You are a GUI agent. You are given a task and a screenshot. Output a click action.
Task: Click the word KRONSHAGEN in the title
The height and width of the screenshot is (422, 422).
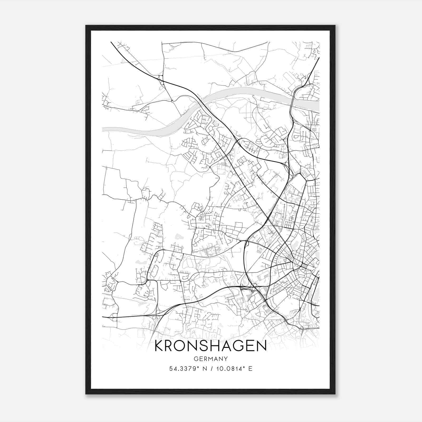pos(210,346)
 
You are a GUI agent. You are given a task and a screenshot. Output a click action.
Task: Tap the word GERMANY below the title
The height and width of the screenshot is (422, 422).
pos(210,359)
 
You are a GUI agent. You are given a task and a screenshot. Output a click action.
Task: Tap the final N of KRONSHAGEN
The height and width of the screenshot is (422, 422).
pos(261,346)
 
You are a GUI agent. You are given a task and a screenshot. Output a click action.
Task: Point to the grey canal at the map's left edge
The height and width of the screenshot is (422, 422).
pos(103,129)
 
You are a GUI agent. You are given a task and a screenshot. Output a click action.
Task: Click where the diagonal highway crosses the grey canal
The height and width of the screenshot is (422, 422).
pos(200,100)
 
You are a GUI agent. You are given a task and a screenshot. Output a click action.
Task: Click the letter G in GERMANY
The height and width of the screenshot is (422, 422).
pos(196,359)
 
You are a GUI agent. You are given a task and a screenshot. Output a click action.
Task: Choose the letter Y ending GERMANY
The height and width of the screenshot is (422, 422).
pos(226,359)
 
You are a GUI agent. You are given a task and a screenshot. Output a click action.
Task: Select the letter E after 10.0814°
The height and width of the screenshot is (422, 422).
pos(250,368)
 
